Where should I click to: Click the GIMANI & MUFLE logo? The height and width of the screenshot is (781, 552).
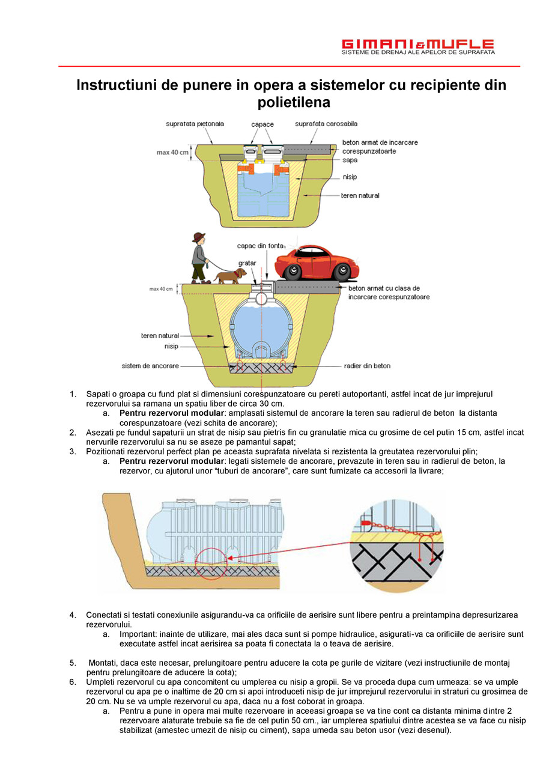[x=417, y=47]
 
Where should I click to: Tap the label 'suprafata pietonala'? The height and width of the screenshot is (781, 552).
[x=195, y=124]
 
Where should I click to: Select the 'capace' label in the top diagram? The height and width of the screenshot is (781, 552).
[x=262, y=124]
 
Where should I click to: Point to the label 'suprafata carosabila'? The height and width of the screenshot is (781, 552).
[x=326, y=124]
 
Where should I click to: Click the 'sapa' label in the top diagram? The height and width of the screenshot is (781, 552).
[x=350, y=160]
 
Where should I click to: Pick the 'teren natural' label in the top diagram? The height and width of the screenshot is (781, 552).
[x=360, y=195]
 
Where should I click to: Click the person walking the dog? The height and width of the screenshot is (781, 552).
[x=199, y=257]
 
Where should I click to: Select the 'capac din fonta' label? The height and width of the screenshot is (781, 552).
[x=261, y=245]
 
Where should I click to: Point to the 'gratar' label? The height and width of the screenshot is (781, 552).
[x=247, y=263]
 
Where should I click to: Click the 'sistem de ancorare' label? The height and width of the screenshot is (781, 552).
[x=150, y=365]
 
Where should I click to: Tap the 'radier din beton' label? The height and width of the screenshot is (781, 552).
[x=367, y=365]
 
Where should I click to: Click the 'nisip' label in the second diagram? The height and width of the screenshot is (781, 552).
[x=171, y=347]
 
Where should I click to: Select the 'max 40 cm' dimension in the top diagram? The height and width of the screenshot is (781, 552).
[x=172, y=153]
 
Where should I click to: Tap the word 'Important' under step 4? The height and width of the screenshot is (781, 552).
[x=137, y=634]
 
